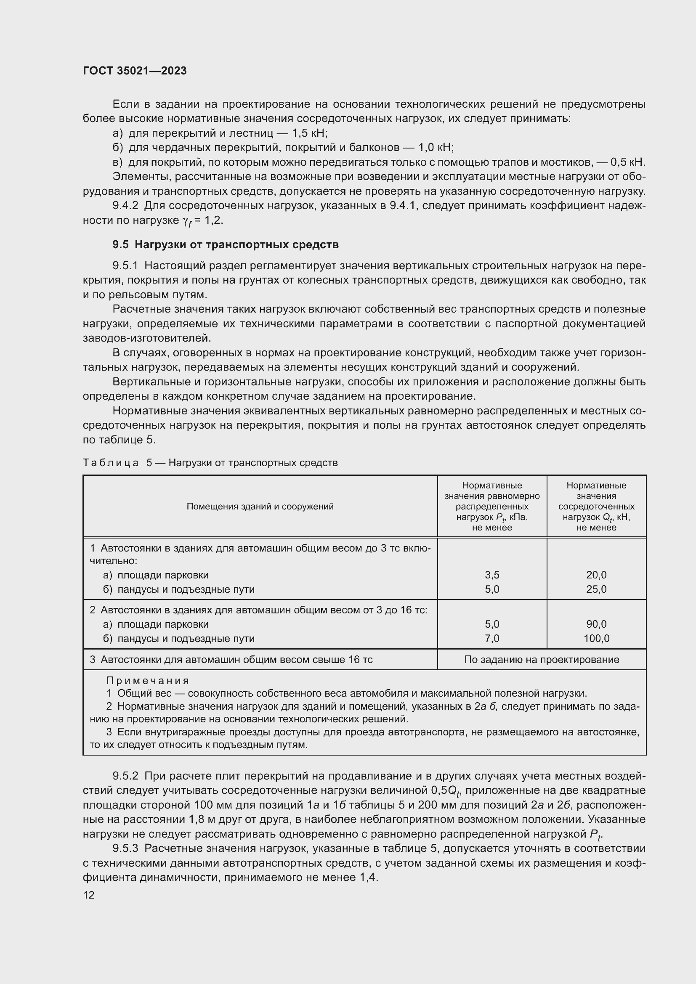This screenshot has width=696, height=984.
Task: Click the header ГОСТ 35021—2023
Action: tap(135, 71)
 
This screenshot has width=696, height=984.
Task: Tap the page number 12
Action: tap(89, 895)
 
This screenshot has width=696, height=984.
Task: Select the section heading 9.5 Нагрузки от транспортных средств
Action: tap(226, 245)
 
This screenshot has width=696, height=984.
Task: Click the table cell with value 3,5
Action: tap(491, 575)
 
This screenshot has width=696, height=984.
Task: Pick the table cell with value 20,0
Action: tap(596, 575)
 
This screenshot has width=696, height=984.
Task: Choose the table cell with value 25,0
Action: tap(596, 589)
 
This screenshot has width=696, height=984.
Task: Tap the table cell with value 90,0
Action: tap(596, 624)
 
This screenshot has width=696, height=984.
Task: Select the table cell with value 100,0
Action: tap(596, 639)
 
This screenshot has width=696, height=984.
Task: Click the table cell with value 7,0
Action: tap(491, 639)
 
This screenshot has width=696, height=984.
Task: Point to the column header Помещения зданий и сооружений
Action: tap(260, 506)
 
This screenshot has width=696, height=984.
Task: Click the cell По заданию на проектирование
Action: tap(541, 660)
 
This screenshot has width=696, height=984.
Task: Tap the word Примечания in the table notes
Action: tap(147, 681)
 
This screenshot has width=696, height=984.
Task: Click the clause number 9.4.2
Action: tap(125, 206)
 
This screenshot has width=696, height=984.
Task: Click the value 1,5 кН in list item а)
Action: tap(309, 133)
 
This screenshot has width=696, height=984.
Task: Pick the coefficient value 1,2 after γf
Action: tap(214, 220)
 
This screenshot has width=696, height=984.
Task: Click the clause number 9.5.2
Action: tap(125, 776)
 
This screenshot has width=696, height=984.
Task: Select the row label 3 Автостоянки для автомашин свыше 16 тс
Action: tap(231, 660)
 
